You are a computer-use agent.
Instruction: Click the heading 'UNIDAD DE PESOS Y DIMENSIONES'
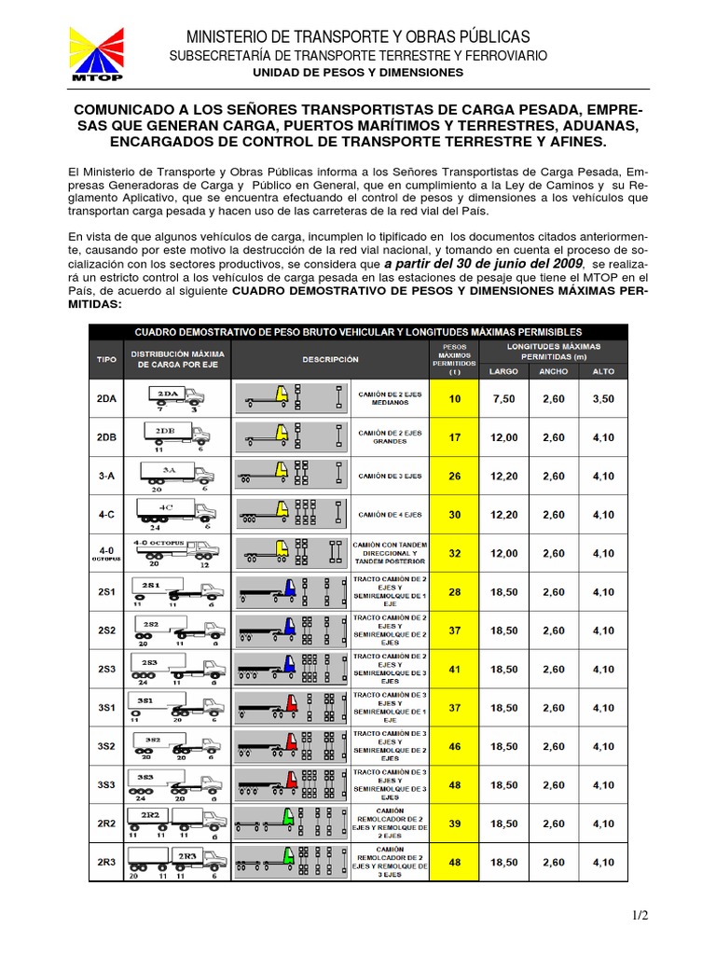tap(358, 72)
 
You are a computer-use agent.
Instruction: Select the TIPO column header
tap(107, 359)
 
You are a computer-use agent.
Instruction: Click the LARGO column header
tap(504, 370)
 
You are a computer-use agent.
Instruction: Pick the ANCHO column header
tap(553, 370)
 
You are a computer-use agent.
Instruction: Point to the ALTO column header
tap(602, 370)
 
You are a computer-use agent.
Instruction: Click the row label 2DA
tap(107, 398)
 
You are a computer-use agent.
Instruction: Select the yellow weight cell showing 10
tap(455, 398)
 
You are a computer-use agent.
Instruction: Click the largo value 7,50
tap(504, 398)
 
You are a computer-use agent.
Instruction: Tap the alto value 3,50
tap(602, 398)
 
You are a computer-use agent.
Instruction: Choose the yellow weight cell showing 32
tap(455, 553)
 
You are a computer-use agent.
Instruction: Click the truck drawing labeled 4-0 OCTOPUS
tap(175, 553)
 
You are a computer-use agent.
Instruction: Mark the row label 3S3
tap(107, 785)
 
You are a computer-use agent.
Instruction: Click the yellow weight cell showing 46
tap(455, 746)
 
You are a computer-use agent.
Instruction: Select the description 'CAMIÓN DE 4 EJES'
tap(390, 515)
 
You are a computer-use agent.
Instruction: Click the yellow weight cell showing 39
tap(455, 824)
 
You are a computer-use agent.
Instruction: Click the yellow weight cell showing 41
tap(455, 669)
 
